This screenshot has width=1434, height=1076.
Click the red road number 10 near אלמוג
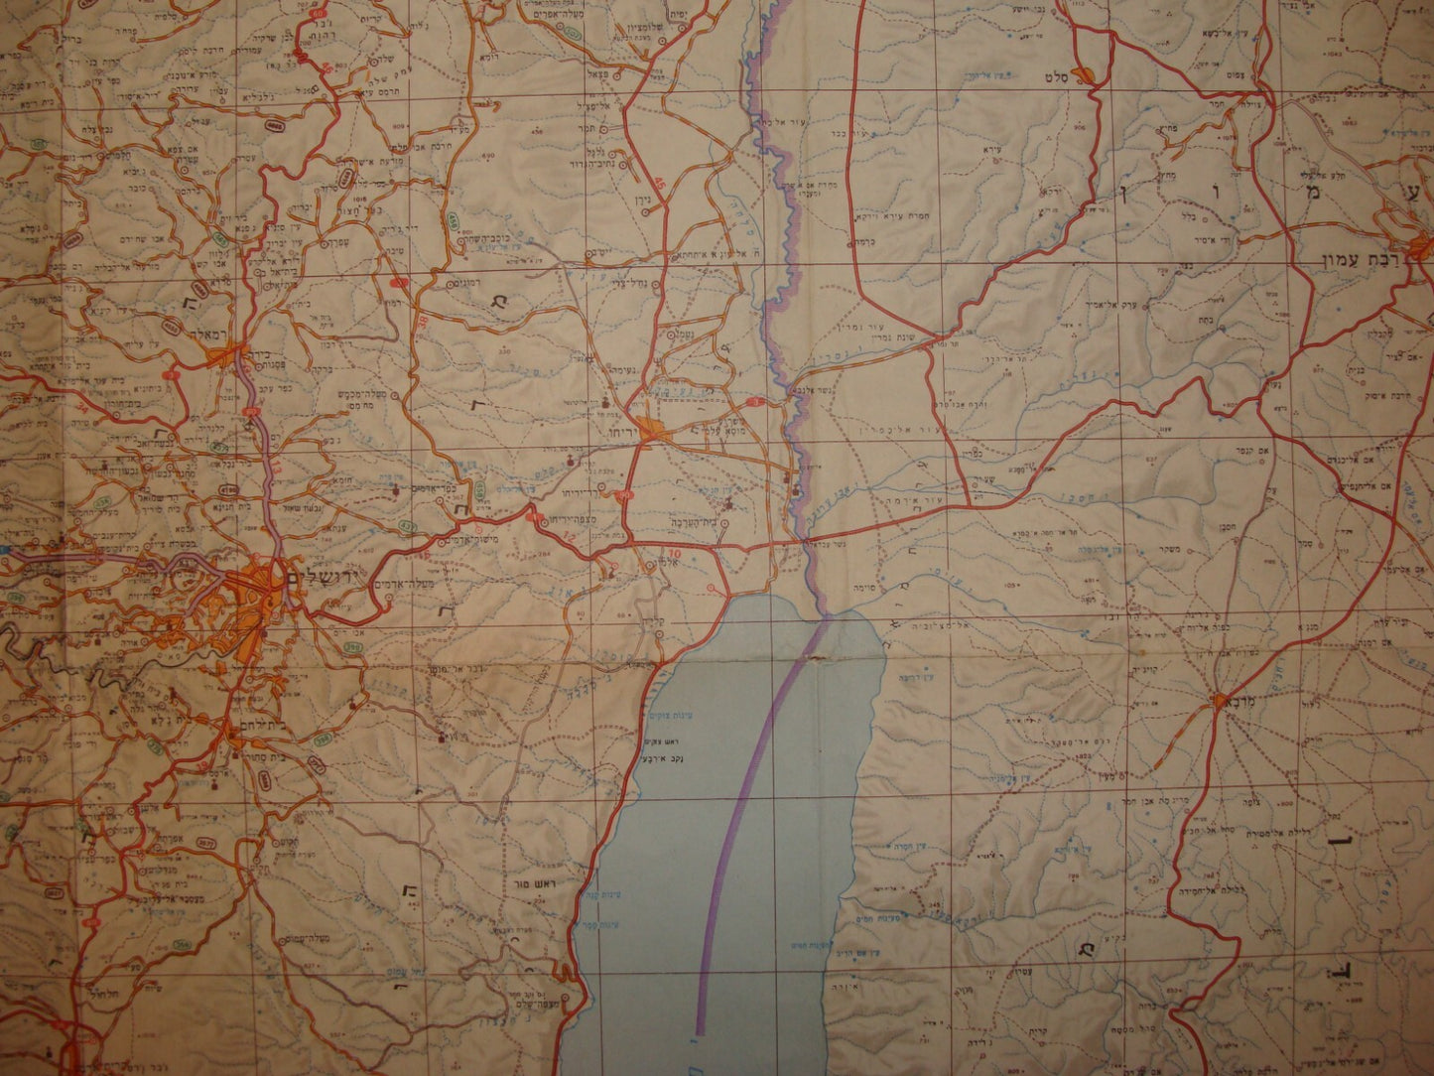pos(675,553)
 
